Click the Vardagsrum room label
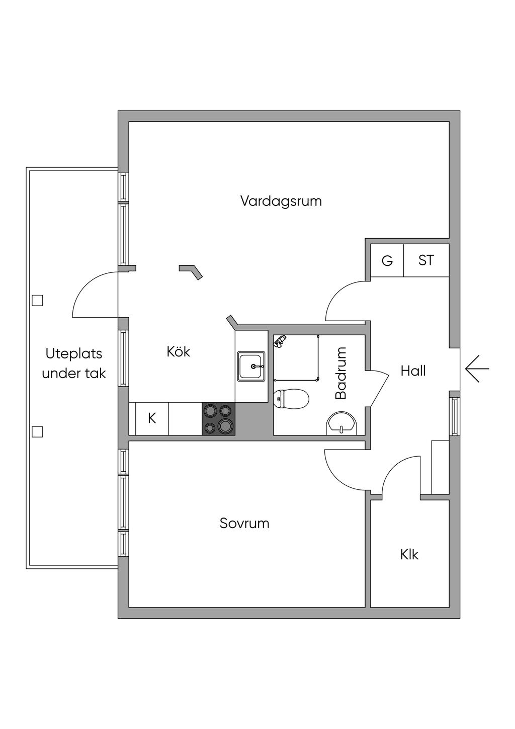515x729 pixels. pyautogui.click(x=281, y=201)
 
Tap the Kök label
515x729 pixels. pyautogui.click(x=179, y=351)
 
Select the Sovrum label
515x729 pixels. pyautogui.click(x=244, y=523)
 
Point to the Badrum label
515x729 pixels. pyautogui.click(x=341, y=373)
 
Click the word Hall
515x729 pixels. pyautogui.click(x=413, y=371)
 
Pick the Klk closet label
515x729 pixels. pyautogui.click(x=409, y=554)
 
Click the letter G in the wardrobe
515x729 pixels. pyautogui.click(x=387, y=261)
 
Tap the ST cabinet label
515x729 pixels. pyautogui.click(x=426, y=260)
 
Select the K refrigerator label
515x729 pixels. pyautogui.click(x=152, y=418)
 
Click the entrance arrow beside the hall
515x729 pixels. pyautogui.click(x=477, y=369)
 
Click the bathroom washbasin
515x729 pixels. pyautogui.click(x=342, y=423)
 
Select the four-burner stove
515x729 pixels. pyautogui.click(x=218, y=419)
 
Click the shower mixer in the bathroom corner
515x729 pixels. pyautogui.click(x=280, y=341)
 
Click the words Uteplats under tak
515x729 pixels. pyautogui.click(x=74, y=363)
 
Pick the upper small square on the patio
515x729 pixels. pyautogui.click(x=37, y=301)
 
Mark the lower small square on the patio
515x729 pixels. pyautogui.click(x=37, y=431)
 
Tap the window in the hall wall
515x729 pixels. pyautogui.click(x=455, y=416)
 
